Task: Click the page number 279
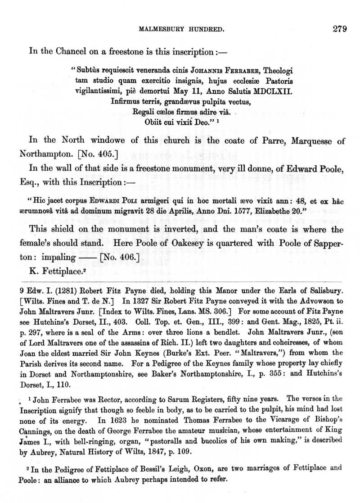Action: pyautogui.click(x=339, y=30)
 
